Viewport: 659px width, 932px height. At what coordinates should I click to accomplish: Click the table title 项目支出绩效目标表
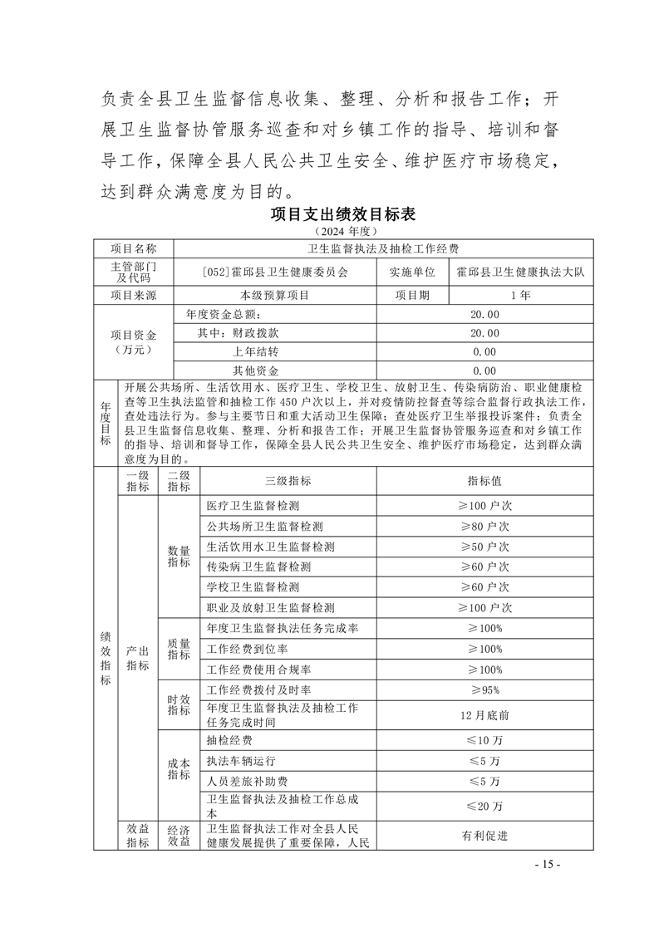pos(343,213)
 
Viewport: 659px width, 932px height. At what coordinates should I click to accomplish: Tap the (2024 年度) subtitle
pos(343,230)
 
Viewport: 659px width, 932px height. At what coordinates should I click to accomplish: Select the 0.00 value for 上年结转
pos(484,352)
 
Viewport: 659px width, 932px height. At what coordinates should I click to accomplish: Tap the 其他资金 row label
pos(255,370)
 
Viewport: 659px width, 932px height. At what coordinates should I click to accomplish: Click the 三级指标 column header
pos(288,481)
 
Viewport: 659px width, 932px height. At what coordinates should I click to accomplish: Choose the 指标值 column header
pos(484,481)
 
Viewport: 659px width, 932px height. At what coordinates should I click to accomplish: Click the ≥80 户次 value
pos(484,527)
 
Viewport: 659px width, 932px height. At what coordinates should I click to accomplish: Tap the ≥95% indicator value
pos(484,690)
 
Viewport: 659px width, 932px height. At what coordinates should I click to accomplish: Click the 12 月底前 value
pos(484,714)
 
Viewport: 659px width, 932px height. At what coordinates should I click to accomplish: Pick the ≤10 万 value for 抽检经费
pos(484,740)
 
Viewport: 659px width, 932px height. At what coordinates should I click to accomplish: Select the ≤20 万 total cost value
pos(484,806)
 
